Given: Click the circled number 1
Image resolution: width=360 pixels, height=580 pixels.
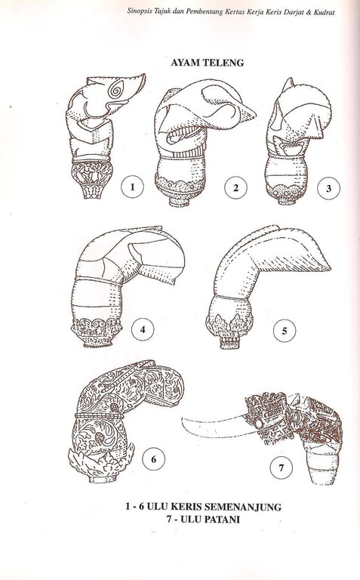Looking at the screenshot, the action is coord(132,187).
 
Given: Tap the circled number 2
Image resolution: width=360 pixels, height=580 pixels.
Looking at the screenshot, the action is coord(235,187).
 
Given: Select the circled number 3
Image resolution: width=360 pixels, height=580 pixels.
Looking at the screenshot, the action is coord(328,189).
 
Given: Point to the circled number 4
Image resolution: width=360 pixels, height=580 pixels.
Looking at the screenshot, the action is coord(143,329).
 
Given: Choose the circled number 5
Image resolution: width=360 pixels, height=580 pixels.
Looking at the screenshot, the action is coord(285,330).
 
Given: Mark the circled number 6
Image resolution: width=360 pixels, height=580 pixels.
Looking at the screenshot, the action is coord(154,459).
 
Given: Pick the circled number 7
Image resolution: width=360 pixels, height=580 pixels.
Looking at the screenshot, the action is coord(282,468).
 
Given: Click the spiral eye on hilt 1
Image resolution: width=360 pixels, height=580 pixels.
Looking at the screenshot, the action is coord(118,90).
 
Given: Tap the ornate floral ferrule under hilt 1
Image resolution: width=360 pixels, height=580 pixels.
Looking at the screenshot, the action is coord(91,179).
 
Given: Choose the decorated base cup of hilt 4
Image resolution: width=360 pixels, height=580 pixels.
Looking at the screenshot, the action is coord(96,332).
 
